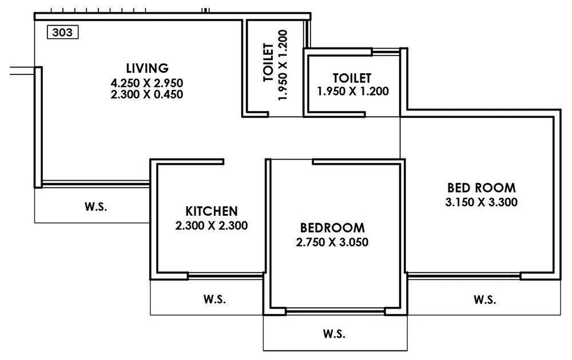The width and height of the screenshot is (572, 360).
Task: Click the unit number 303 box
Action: [x=62, y=33]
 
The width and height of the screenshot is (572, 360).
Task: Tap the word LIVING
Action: [x=148, y=68]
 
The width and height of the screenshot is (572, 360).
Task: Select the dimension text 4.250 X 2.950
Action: [x=148, y=82]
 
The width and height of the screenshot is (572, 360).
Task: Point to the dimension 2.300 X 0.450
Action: [x=148, y=94]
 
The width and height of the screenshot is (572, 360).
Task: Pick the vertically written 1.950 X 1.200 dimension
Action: [x=283, y=64]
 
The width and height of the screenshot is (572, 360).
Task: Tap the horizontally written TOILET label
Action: [x=352, y=77]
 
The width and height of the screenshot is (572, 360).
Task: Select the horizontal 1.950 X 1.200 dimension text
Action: [x=353, y=90]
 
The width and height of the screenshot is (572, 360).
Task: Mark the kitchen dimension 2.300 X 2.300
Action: [x=211, y=226]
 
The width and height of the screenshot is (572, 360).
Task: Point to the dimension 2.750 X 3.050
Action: [x=332, y=242]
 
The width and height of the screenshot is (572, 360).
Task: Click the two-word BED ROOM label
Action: [x=481, y=187]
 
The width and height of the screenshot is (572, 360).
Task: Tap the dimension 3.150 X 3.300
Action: [x=481, y=202]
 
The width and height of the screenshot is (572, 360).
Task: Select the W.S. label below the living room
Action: [x=96, y=206]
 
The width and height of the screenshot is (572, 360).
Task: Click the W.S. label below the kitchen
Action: [x=214, y=299]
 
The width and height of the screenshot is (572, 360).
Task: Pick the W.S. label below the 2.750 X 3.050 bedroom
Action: [x=334, y=333]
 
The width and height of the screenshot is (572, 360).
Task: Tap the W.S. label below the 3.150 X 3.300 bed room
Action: [x=485, y=299]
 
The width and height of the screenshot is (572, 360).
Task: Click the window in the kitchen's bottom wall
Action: [x=225, y=276]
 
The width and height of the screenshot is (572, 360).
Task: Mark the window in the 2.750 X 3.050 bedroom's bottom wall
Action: [x=335, y=311]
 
